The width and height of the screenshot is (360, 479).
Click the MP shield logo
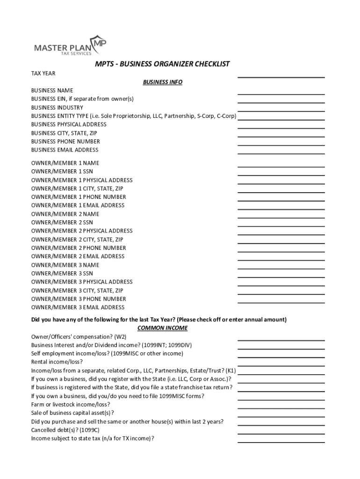click(x=99, y=44)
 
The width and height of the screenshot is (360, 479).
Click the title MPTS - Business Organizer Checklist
click(x=163, y=64)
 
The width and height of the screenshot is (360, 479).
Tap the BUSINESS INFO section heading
click(x=162, y=82)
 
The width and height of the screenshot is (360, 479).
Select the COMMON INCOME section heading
click(x=162, y=328)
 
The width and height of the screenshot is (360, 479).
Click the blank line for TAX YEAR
click(x=281, y=76)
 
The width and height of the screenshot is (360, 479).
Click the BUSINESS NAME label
click(x=52, y=90)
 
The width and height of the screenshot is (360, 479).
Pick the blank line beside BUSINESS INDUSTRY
click(x=281, y=110)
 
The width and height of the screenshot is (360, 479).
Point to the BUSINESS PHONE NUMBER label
click(x=65, y=141)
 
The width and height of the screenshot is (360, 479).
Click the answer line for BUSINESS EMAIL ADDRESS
click(x=281, y=153)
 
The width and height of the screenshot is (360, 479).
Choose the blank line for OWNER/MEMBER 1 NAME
click(x=281, y=166)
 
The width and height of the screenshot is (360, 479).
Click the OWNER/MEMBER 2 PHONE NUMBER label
click(x=79, y=248)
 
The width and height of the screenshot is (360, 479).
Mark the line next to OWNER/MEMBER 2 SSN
click(x=281, y=225)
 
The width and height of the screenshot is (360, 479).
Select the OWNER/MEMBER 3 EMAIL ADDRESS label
click(x=78, y=307)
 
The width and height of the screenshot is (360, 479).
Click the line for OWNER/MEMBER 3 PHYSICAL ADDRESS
click(x=281, y=285)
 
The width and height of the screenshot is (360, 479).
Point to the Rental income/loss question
click(x=57, y=362)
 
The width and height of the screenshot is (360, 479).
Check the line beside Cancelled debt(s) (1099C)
click(x=281, y=433)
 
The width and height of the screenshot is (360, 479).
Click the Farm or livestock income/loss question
click(x=71, y=404)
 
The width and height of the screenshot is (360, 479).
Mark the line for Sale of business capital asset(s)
click(x=281, y=416)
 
